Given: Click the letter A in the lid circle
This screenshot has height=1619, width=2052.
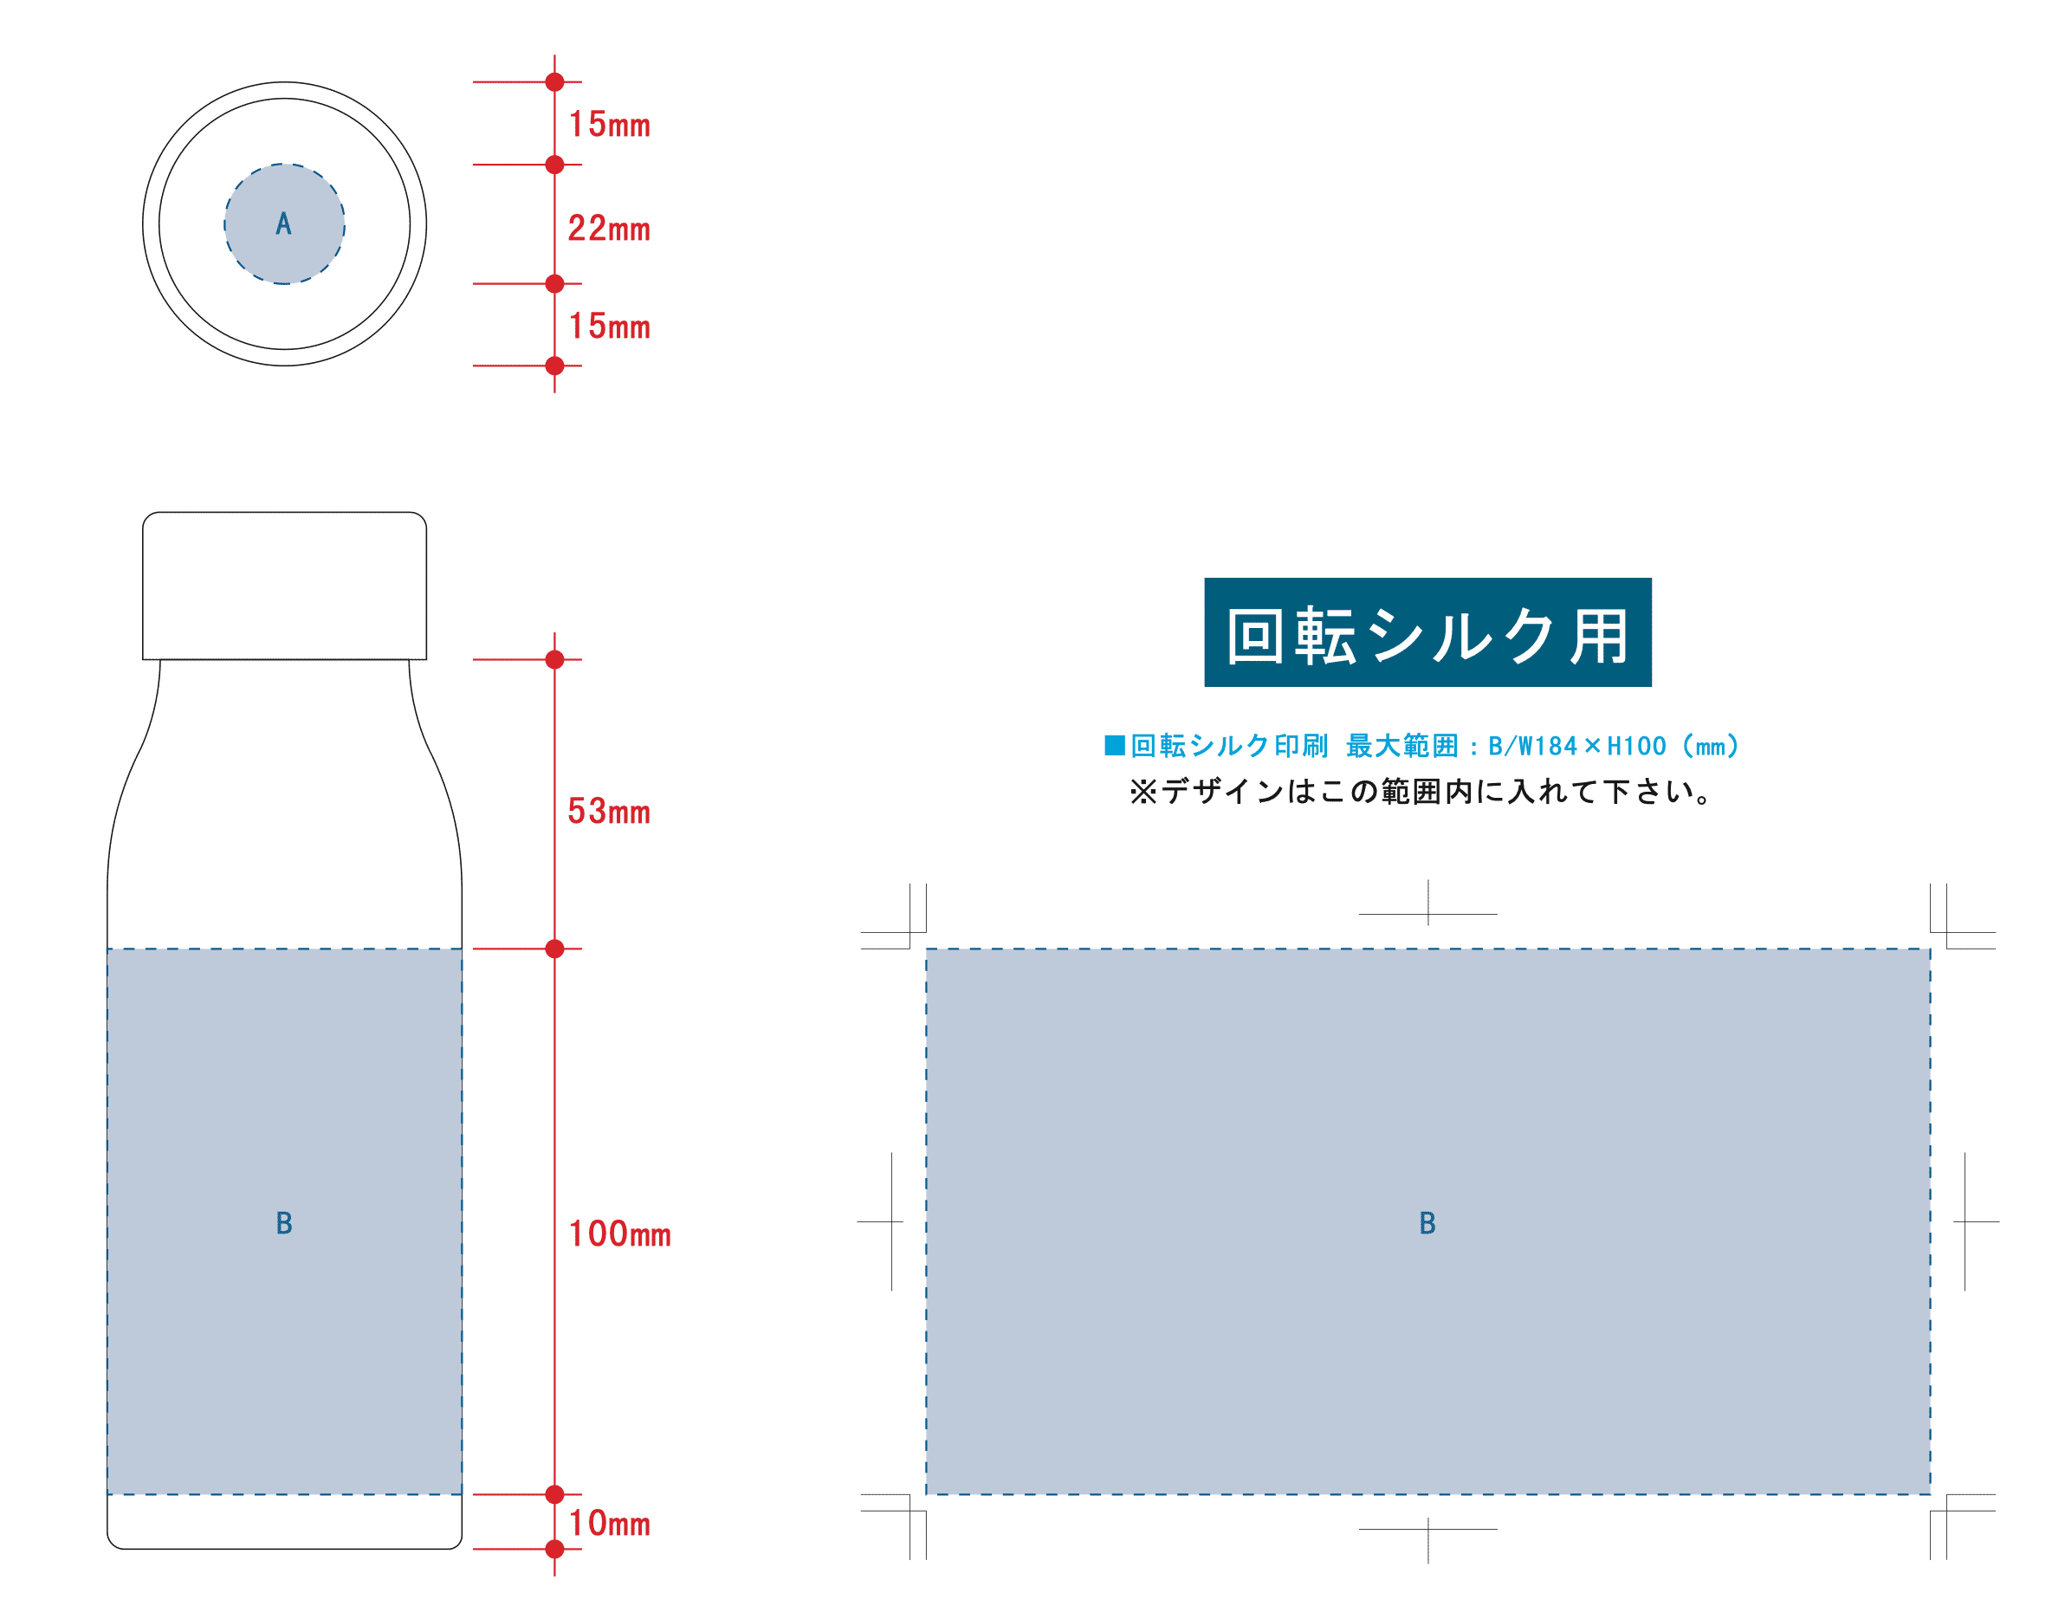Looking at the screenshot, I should [283, 224].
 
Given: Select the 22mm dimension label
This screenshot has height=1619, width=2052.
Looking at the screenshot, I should [608, 229].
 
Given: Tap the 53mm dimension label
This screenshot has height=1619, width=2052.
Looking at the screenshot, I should [608, 812].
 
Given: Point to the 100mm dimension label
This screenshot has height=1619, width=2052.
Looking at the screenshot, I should [619, 1234].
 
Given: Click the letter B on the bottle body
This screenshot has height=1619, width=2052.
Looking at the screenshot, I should [283, 1224].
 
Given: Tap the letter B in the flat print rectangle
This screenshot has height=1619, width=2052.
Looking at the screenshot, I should [1427, 1224].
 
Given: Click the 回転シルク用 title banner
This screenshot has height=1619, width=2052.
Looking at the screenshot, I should [1427, 633].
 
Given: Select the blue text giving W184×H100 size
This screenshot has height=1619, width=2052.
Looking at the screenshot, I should [1421, 746].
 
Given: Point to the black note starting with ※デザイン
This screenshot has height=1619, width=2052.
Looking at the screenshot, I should [1421, 792].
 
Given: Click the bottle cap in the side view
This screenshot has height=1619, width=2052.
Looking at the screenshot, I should [284, 586].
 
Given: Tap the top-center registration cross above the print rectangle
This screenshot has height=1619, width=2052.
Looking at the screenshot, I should [1428, 914].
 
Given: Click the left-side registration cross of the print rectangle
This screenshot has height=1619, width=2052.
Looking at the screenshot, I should [891, 1222].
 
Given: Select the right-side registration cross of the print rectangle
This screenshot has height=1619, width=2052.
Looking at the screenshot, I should [1965, 1222].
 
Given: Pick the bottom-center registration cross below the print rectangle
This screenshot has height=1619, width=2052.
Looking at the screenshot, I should [1428, 1528].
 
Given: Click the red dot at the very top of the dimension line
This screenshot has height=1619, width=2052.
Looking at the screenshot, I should [555, 82].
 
